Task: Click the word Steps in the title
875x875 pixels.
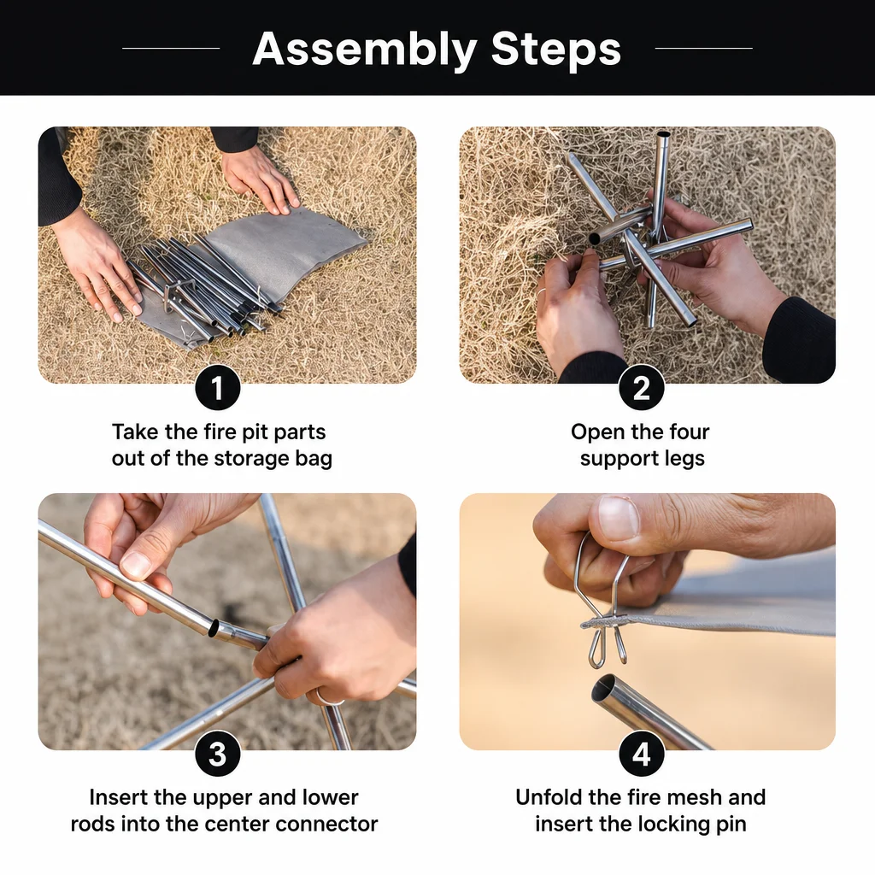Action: coord(555,49)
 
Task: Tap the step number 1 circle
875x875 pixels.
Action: coord(218,388)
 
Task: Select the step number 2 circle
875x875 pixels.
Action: coord(641,388)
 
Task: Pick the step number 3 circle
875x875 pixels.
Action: coord(218,754)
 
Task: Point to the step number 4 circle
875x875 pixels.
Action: coord(641,754)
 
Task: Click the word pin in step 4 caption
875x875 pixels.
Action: coord(731,825)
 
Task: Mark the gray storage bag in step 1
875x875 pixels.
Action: coord(262,267)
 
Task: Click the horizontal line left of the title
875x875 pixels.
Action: coord(171,49)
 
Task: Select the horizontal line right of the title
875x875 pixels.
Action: coord(704,49)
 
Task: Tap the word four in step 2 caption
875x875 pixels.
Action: coord(690,432)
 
